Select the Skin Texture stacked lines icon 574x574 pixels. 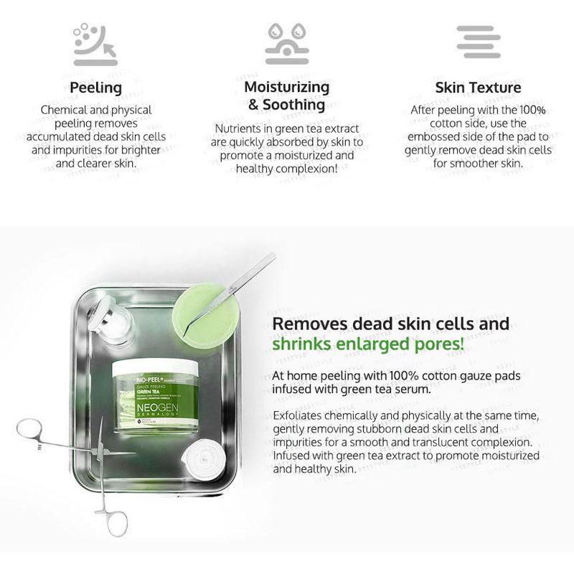[x=479, y=42]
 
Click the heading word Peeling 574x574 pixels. [x=95, y=88]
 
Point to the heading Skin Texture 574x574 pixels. [x=478, y=88]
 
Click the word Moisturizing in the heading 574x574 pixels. [x=287, y=87]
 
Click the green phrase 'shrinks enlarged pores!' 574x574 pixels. [x=368, y=345]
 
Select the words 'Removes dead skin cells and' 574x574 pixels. [x=391, y=323]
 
